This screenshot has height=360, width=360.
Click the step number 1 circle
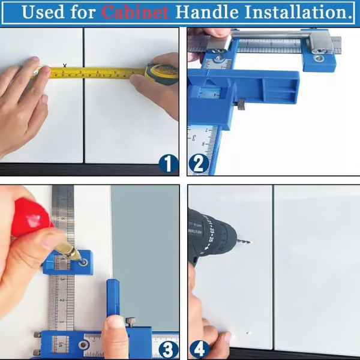coord(169,163)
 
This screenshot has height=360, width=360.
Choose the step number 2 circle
coord(199,163)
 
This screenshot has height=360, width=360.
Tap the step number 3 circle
coord(169,349)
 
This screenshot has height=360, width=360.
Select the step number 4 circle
coord(199,349)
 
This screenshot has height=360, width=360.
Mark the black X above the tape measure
coord(64,65)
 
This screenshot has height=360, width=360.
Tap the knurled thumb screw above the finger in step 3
coord(130,321)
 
